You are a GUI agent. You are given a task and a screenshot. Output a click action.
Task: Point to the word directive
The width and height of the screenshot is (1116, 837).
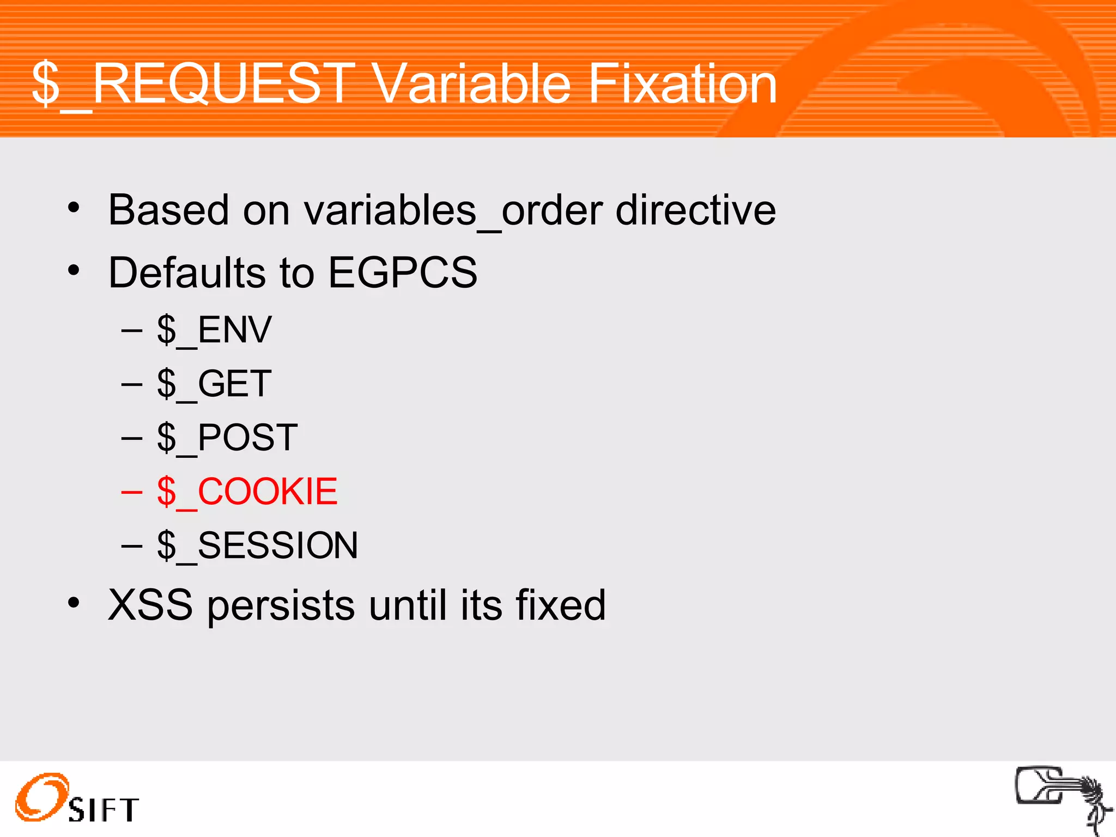[695, 210]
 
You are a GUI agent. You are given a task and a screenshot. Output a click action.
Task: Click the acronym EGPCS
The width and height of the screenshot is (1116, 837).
[402, 272]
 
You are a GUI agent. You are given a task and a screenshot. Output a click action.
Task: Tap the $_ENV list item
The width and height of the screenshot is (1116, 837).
[214, 330]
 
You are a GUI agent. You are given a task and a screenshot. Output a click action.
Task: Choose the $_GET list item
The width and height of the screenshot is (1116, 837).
[214, 384]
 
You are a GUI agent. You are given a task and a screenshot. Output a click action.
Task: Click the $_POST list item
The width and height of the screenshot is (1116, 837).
[227, 438]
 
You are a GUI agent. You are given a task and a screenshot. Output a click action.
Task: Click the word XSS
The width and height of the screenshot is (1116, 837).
[150, 605]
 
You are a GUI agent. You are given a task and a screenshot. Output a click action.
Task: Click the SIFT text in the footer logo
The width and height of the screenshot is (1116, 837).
[104, 810]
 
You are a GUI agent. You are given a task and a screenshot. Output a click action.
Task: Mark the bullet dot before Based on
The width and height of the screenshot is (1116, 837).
[74, 208]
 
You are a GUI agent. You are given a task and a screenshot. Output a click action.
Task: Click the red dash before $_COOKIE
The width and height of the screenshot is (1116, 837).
[131, 492]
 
